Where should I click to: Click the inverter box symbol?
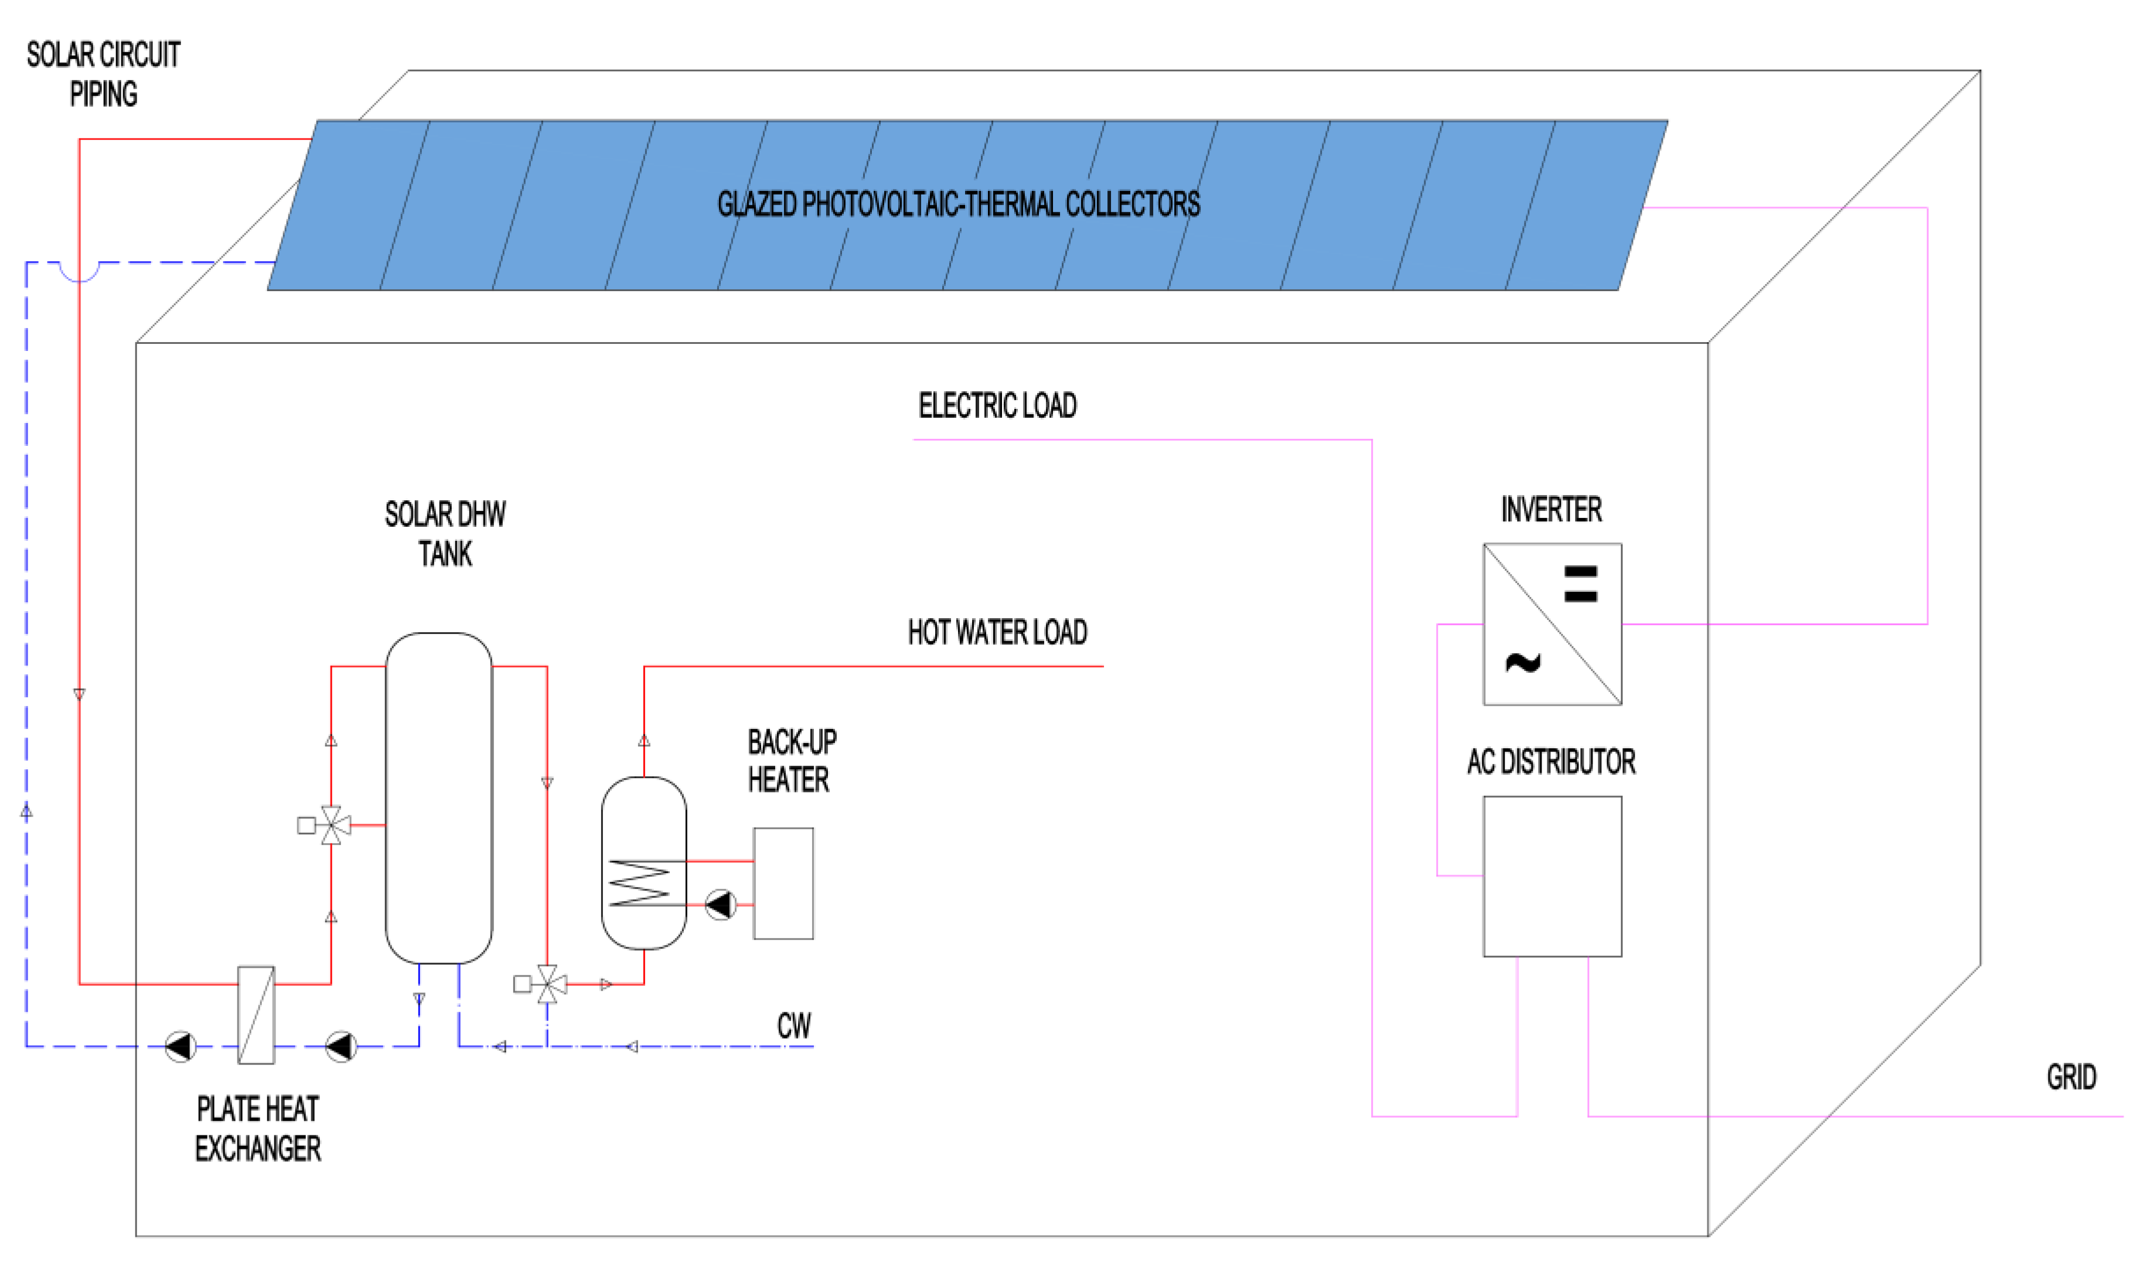pos(1552,623)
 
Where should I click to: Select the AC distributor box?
pos(1552,876)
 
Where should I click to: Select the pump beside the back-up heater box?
pos(721,904)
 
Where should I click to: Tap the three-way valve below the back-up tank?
pos(547,984)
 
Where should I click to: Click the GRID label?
pos(2070,1077)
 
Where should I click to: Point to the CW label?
pos(793,1025)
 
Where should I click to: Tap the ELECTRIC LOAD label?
pos(997,405)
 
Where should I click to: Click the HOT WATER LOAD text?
pos(997,633)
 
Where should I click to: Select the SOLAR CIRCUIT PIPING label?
pos(104,74)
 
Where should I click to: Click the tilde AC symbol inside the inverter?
pos(1522,663)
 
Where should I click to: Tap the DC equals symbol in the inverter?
pos(1580,584)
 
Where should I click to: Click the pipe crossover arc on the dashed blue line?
pos(79,272)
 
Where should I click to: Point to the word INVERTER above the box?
pos(1552,510)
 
